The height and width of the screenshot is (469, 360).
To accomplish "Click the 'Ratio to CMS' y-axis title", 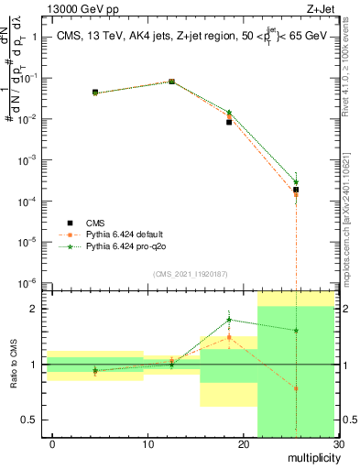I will [x=13, y=365].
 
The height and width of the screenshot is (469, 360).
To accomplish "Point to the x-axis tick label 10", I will [x=147, y=444].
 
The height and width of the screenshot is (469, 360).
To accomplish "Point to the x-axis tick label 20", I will [x=243, y=444].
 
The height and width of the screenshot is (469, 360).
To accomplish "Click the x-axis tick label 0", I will [x=52, y=444].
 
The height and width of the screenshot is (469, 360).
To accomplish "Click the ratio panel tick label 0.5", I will [x=30, y=420].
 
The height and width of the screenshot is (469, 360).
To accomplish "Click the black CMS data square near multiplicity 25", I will [x=295, y=190].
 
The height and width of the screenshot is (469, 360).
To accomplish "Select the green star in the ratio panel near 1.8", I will [x=229, y=320].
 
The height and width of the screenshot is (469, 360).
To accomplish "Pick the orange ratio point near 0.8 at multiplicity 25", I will [x=295, y=388].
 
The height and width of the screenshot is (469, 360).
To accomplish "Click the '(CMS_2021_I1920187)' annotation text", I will [x=190, y=274].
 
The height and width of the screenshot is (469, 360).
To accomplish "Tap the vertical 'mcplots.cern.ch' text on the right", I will [x=353, y=237].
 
